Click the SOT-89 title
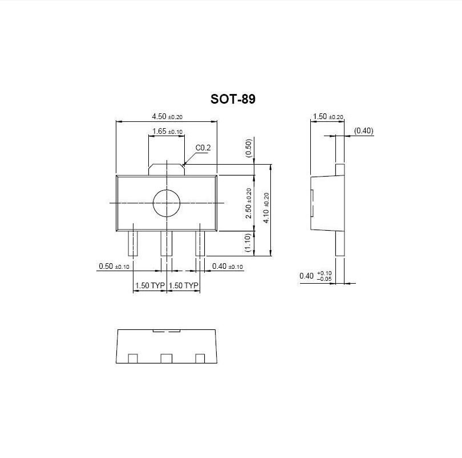(x=233, y=99)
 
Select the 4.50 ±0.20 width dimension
(x=167, y=116)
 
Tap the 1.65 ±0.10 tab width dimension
(x=167, y=132)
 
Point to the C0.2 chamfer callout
(x=203, y=148)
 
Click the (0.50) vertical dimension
(x=249, y=148)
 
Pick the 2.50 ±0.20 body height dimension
(x=249, y=203)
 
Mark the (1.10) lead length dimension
(x=248, y=243)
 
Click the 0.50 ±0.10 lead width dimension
(x=114, y=266)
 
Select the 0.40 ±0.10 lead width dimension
(x=227, y=266)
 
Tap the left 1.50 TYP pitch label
(x=149, y=285)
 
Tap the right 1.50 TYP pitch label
(x=184, y=285)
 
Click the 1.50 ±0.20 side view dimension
(x=327, y=117)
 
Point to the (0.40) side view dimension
(x=363, y=131)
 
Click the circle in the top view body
(x=166, y=203)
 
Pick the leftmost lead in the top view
(x=133, y=244)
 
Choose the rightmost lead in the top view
(x=200, y=244)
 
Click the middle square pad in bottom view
(x=166, y=358)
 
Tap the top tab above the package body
(x=167, y=169)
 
